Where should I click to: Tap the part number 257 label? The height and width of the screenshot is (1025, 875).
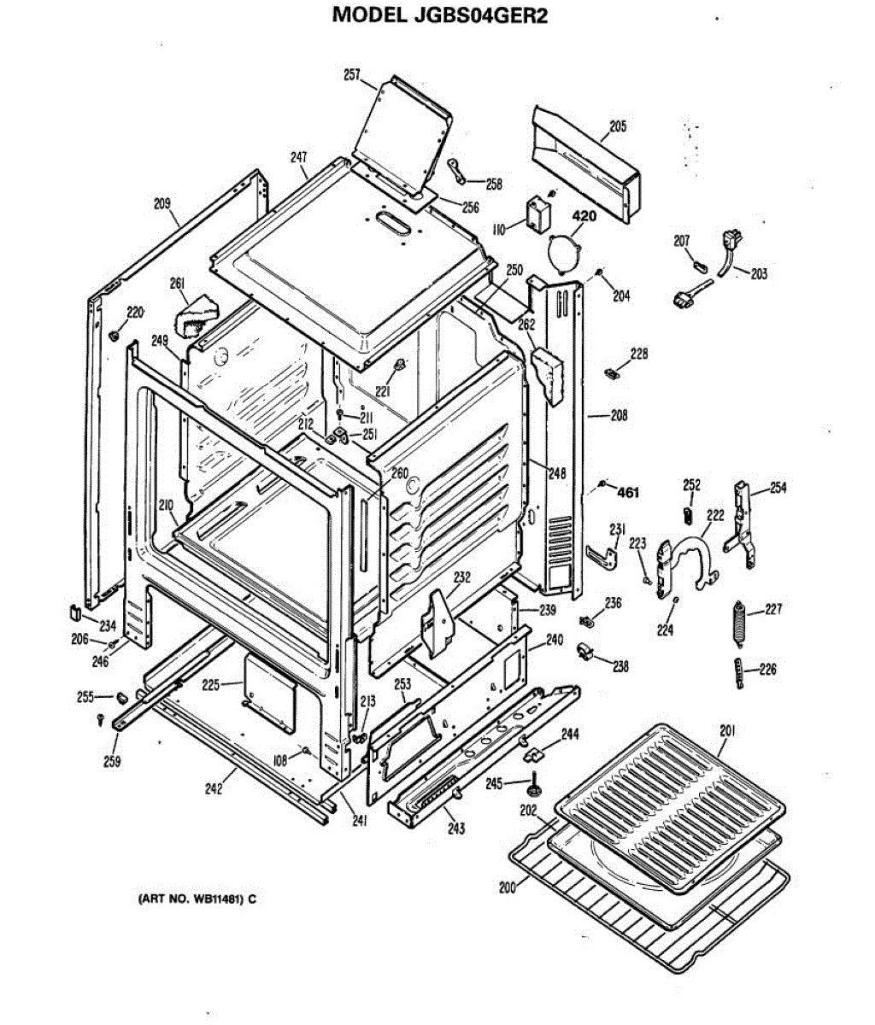(x=351, y=75)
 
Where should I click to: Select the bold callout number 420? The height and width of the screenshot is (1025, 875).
(x=584, y=216)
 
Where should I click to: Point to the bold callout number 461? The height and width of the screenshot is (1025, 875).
(x=628, y=492)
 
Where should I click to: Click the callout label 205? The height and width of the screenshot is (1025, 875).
(x=617, y=127)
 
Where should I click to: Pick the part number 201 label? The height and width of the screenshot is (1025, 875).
(x=727, y=730)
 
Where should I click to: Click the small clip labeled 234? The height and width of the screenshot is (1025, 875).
(x=74, y=612)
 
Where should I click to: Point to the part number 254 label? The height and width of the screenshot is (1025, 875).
(x=778, y=489)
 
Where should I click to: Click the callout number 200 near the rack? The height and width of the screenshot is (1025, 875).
(x=508, y=887)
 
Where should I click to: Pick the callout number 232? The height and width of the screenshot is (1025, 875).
(x=461, y=578)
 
